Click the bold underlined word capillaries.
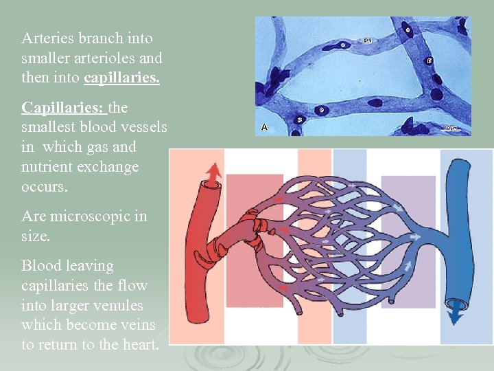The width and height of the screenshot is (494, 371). point(121,78)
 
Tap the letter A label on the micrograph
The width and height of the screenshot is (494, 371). point(265,127)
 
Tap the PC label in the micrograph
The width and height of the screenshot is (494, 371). point(368,41)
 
